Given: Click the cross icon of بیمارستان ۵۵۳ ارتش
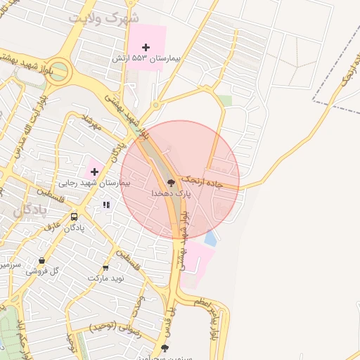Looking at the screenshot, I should pos(146,47).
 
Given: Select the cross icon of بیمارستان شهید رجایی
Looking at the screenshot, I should pos(94,171).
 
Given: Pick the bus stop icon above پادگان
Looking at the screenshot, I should pos(74,217).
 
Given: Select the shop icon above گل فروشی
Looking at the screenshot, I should pos(41,260).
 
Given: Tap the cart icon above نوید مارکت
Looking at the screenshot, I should pos(105,268).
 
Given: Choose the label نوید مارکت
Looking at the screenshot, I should pos(105,278).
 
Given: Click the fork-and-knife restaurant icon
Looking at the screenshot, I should pos(106,205).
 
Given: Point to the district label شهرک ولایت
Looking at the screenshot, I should pos(106,17).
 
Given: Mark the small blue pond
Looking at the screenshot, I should pos(210,238).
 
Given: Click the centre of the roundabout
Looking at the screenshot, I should pos(58,72).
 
